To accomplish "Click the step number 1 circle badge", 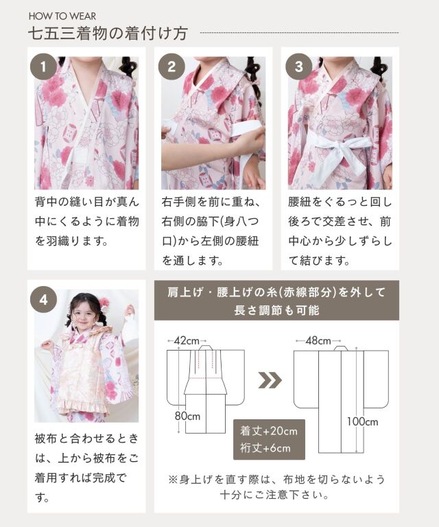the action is coord(43,66).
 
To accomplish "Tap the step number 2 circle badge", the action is coord(171,66).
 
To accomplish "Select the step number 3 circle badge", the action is coord(298,66).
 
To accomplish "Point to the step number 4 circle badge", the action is coord(43,299).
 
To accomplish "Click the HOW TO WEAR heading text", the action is coord(62,16).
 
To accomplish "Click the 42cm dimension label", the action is coord(187,341).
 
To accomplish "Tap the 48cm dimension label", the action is coord(318,341).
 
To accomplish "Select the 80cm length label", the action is coord(187,416).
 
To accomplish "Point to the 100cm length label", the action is coord(362,421).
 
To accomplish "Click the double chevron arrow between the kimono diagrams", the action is coord(270,380).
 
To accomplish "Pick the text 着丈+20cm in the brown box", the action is coord(269,431).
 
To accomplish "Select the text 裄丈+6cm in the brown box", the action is coord(265,448).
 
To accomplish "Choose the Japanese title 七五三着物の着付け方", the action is coord(108,34).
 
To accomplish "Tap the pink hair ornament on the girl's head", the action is coord(104,301).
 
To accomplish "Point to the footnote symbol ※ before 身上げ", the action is coord(173,479).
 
